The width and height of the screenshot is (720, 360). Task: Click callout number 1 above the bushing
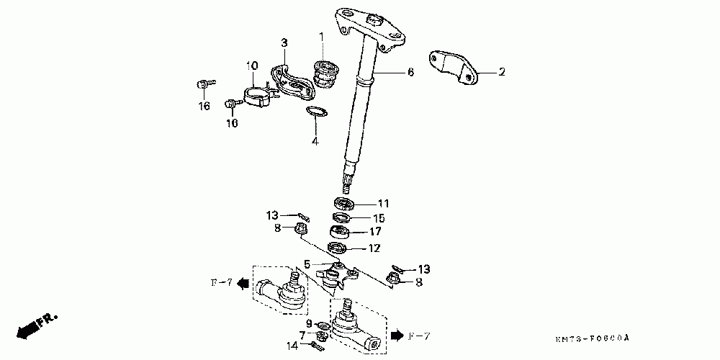(321, 36)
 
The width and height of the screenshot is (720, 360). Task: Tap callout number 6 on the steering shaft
(410, 72)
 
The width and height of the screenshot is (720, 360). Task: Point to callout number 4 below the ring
(315, 141)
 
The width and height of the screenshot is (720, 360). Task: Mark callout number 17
(375, 232)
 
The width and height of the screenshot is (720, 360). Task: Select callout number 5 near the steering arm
(307, 265)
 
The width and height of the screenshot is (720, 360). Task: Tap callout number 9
(310, 324)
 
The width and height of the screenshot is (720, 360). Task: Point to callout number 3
(284, 44)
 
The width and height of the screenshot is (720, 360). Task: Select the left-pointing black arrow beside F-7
(244, 283)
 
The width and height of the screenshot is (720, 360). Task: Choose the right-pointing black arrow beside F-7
(397, 336)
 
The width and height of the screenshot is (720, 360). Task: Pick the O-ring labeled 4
(316, 111)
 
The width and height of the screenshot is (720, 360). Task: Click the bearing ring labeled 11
(346, 203)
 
